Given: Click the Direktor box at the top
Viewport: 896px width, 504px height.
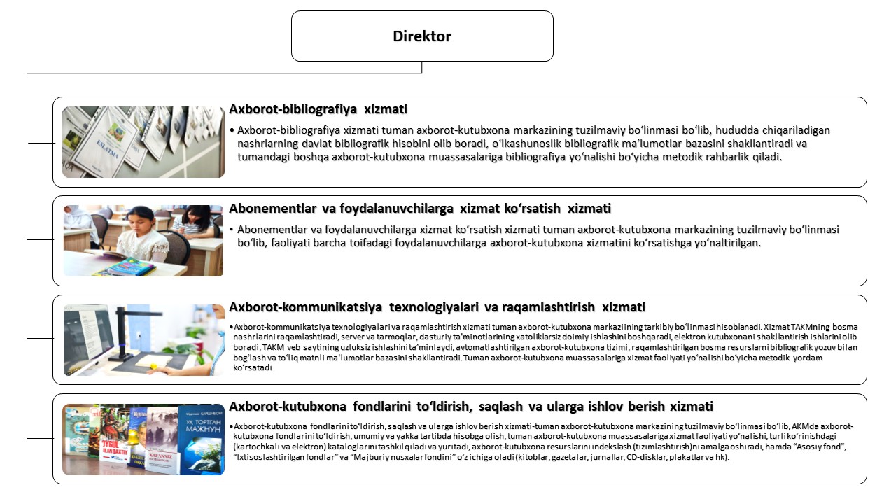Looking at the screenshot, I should pos(422,36).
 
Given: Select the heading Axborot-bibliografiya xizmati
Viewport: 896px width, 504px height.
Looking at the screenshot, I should pos(318,109).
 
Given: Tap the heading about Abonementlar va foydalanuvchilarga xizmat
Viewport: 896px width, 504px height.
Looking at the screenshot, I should pos(420,208).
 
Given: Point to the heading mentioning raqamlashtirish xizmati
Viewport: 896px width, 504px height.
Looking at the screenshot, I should pos(437,307).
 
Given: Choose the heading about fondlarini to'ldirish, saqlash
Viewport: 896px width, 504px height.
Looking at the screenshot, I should pos(471,406).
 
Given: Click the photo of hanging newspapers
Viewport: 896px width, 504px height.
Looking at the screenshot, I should pos(143,142).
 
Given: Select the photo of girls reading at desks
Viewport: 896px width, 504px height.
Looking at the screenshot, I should pos(143,241).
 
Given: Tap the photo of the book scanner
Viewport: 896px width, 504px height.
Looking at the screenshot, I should pos(143,340).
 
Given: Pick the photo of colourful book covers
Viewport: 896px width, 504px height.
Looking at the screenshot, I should pos(143,440).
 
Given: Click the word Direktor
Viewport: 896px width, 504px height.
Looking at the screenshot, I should pos(422,36).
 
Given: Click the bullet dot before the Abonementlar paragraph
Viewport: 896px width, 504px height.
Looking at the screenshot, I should pos(232,230).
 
